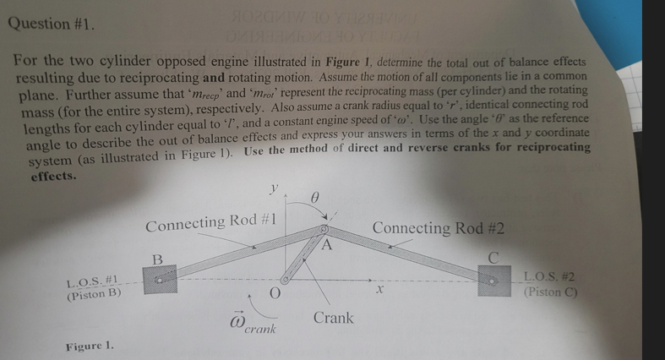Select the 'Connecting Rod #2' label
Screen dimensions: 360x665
click(438, 228)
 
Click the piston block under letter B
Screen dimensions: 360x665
click(160, 280)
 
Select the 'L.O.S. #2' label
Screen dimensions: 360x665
click(550, 276)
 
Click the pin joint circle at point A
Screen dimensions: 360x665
click(323, 229)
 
